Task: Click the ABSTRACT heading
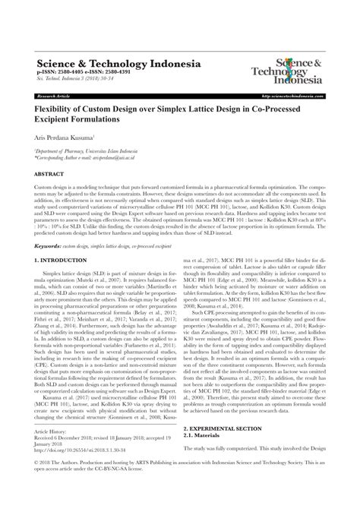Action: coord(51,175)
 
